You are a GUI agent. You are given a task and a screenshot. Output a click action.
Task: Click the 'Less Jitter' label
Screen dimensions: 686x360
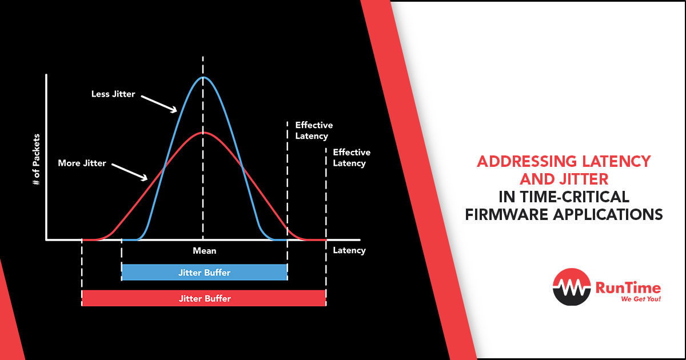tap(113, 94)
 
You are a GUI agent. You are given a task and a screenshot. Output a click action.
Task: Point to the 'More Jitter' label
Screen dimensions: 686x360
tap(82, 163)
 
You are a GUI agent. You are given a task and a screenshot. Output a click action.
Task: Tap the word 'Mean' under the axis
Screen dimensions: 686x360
tap(205, 251)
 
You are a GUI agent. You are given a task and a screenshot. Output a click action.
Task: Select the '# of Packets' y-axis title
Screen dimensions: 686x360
tap(36, 159)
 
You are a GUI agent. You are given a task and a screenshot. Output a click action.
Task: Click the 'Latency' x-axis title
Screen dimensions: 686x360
tap(349, 250)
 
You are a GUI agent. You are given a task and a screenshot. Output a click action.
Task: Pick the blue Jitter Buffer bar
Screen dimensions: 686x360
tap(204, 272)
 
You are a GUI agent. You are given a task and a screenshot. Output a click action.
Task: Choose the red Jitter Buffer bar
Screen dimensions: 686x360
tap(204, 298)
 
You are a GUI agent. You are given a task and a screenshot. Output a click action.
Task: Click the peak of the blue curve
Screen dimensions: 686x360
tap(203, 77)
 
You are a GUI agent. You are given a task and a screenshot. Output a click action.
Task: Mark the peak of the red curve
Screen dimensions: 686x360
tap(203, 133)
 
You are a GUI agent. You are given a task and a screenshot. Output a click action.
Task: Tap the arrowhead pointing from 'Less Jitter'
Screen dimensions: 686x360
tap(174, 110)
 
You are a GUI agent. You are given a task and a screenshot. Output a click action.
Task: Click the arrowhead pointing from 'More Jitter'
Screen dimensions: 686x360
tap(145, 178)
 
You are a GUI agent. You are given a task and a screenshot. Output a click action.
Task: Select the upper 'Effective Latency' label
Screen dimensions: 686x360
tap(314, 130)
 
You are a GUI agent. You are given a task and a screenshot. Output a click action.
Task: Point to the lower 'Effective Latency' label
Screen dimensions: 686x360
tap(352, 158)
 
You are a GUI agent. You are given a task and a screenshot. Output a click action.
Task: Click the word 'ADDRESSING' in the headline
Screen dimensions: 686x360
tap(527, 162)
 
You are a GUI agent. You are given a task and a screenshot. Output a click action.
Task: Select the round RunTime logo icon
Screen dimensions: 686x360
tap(572, 287)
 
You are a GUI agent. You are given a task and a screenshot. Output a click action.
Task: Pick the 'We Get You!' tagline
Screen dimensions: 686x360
tap(641, 299)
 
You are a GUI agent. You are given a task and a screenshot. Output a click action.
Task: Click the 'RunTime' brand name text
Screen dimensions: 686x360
tap(628, 288)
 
